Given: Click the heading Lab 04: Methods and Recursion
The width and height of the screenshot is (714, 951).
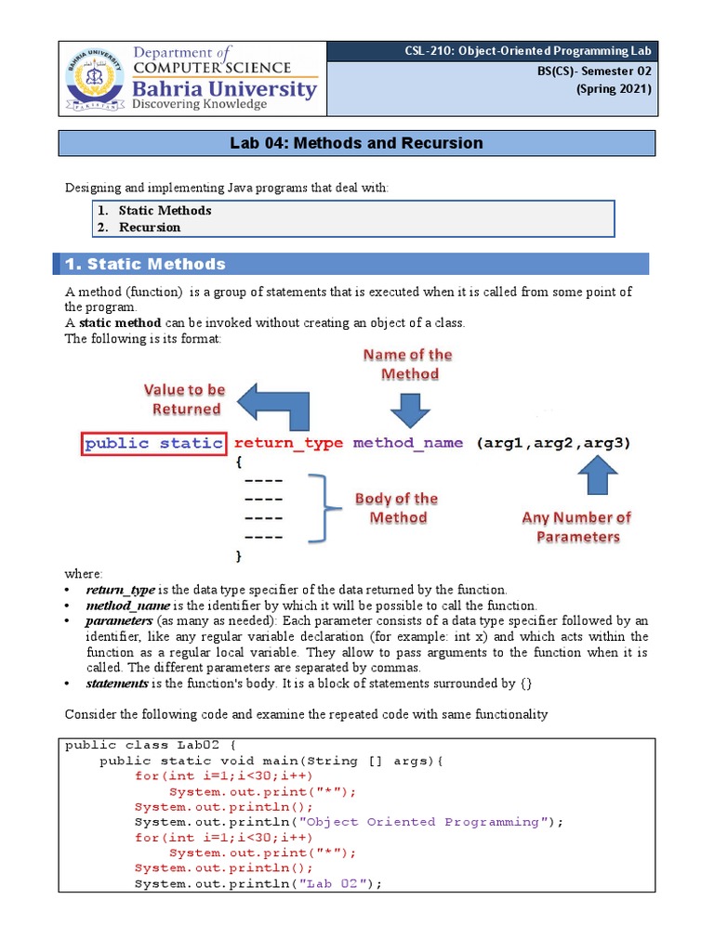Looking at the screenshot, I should point(357,143).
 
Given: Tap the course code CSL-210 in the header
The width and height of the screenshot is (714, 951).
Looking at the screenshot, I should point(429,51).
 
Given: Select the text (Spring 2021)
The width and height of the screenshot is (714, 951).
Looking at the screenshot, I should point(614,89).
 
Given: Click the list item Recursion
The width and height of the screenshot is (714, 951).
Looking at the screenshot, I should point(149,227).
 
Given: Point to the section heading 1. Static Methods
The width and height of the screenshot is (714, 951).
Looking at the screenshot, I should point(145,265).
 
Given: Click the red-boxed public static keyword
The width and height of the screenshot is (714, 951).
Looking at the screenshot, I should point(153,443).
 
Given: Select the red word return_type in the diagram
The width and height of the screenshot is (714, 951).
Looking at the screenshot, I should point(288,443).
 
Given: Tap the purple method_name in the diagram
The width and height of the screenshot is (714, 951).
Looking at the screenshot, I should point(407,443).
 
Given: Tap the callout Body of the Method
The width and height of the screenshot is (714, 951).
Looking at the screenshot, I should point(397,508).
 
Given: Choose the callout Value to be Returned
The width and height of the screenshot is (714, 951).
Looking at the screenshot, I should point(184,399).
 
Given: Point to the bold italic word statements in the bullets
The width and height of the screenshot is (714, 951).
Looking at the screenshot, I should point(117,684).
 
